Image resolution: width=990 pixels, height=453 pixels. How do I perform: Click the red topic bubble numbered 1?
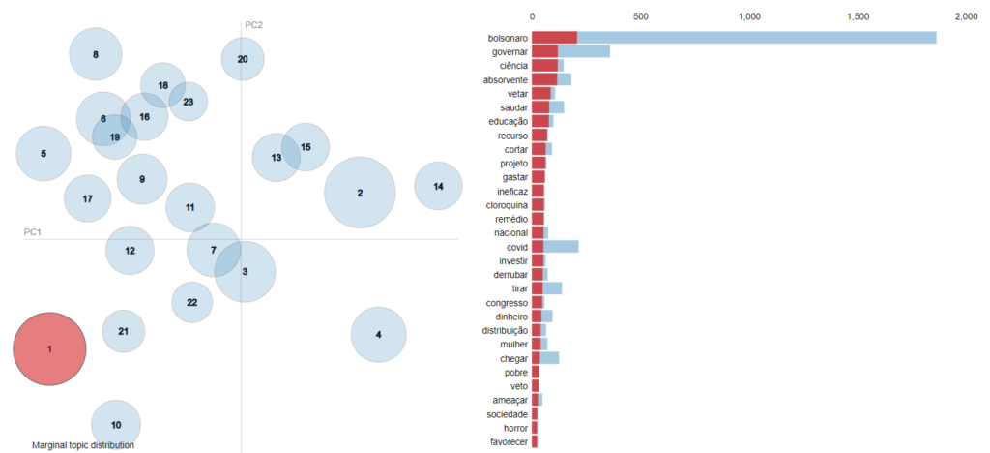49,348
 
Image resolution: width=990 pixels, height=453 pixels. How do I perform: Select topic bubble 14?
439,186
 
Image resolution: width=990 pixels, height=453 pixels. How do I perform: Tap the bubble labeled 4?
378,335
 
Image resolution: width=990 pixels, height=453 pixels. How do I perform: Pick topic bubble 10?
116,424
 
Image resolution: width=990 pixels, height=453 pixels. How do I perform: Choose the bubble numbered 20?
243,59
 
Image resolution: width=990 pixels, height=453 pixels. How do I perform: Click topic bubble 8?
96,54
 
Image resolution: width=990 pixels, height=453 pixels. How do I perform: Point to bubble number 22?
192,302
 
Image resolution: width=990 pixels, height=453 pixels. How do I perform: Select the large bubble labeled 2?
360,193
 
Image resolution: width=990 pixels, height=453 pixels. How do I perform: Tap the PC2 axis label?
253,24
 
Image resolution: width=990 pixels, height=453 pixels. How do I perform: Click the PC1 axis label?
32,232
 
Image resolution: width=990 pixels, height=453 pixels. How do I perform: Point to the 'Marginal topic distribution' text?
83,445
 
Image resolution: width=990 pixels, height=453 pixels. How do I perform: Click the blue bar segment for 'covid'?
561,247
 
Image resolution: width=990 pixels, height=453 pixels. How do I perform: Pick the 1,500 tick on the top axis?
858,16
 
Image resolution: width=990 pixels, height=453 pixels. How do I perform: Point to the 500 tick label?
639,16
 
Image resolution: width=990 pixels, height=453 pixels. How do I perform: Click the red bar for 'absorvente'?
544,79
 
